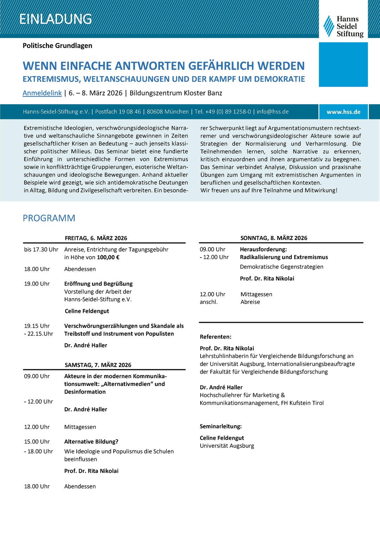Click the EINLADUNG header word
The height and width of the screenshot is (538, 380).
[55, 19]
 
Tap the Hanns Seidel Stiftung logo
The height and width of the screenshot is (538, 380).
[343, 26]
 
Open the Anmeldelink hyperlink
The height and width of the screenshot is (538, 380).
[42, 93]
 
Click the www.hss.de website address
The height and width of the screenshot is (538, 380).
[343, 112]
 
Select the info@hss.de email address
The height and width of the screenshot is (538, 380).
[272, 112]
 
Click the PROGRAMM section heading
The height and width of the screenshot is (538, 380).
[49, 218]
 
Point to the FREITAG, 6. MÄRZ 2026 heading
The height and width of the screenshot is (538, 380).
[96, 238]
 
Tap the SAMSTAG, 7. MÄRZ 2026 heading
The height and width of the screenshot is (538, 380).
[98, 365]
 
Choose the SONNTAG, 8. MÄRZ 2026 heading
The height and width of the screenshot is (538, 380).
[274, 238]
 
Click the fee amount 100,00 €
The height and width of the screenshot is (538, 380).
[108, 257]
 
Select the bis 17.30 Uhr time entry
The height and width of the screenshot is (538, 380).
[41, 249]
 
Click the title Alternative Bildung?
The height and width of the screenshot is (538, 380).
[91, 441]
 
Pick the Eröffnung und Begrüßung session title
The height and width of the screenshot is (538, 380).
[99, 284]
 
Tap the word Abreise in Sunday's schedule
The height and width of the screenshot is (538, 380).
[250, 302]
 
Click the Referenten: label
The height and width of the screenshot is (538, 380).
[216, 337]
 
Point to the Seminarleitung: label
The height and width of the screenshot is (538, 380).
[221, 426]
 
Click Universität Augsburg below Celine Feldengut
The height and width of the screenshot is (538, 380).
[227, 446]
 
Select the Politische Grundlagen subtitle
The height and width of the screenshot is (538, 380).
[57, 46]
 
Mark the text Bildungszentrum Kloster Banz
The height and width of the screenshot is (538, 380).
[176, 93]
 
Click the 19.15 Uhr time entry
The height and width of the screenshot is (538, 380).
[37, 326]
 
